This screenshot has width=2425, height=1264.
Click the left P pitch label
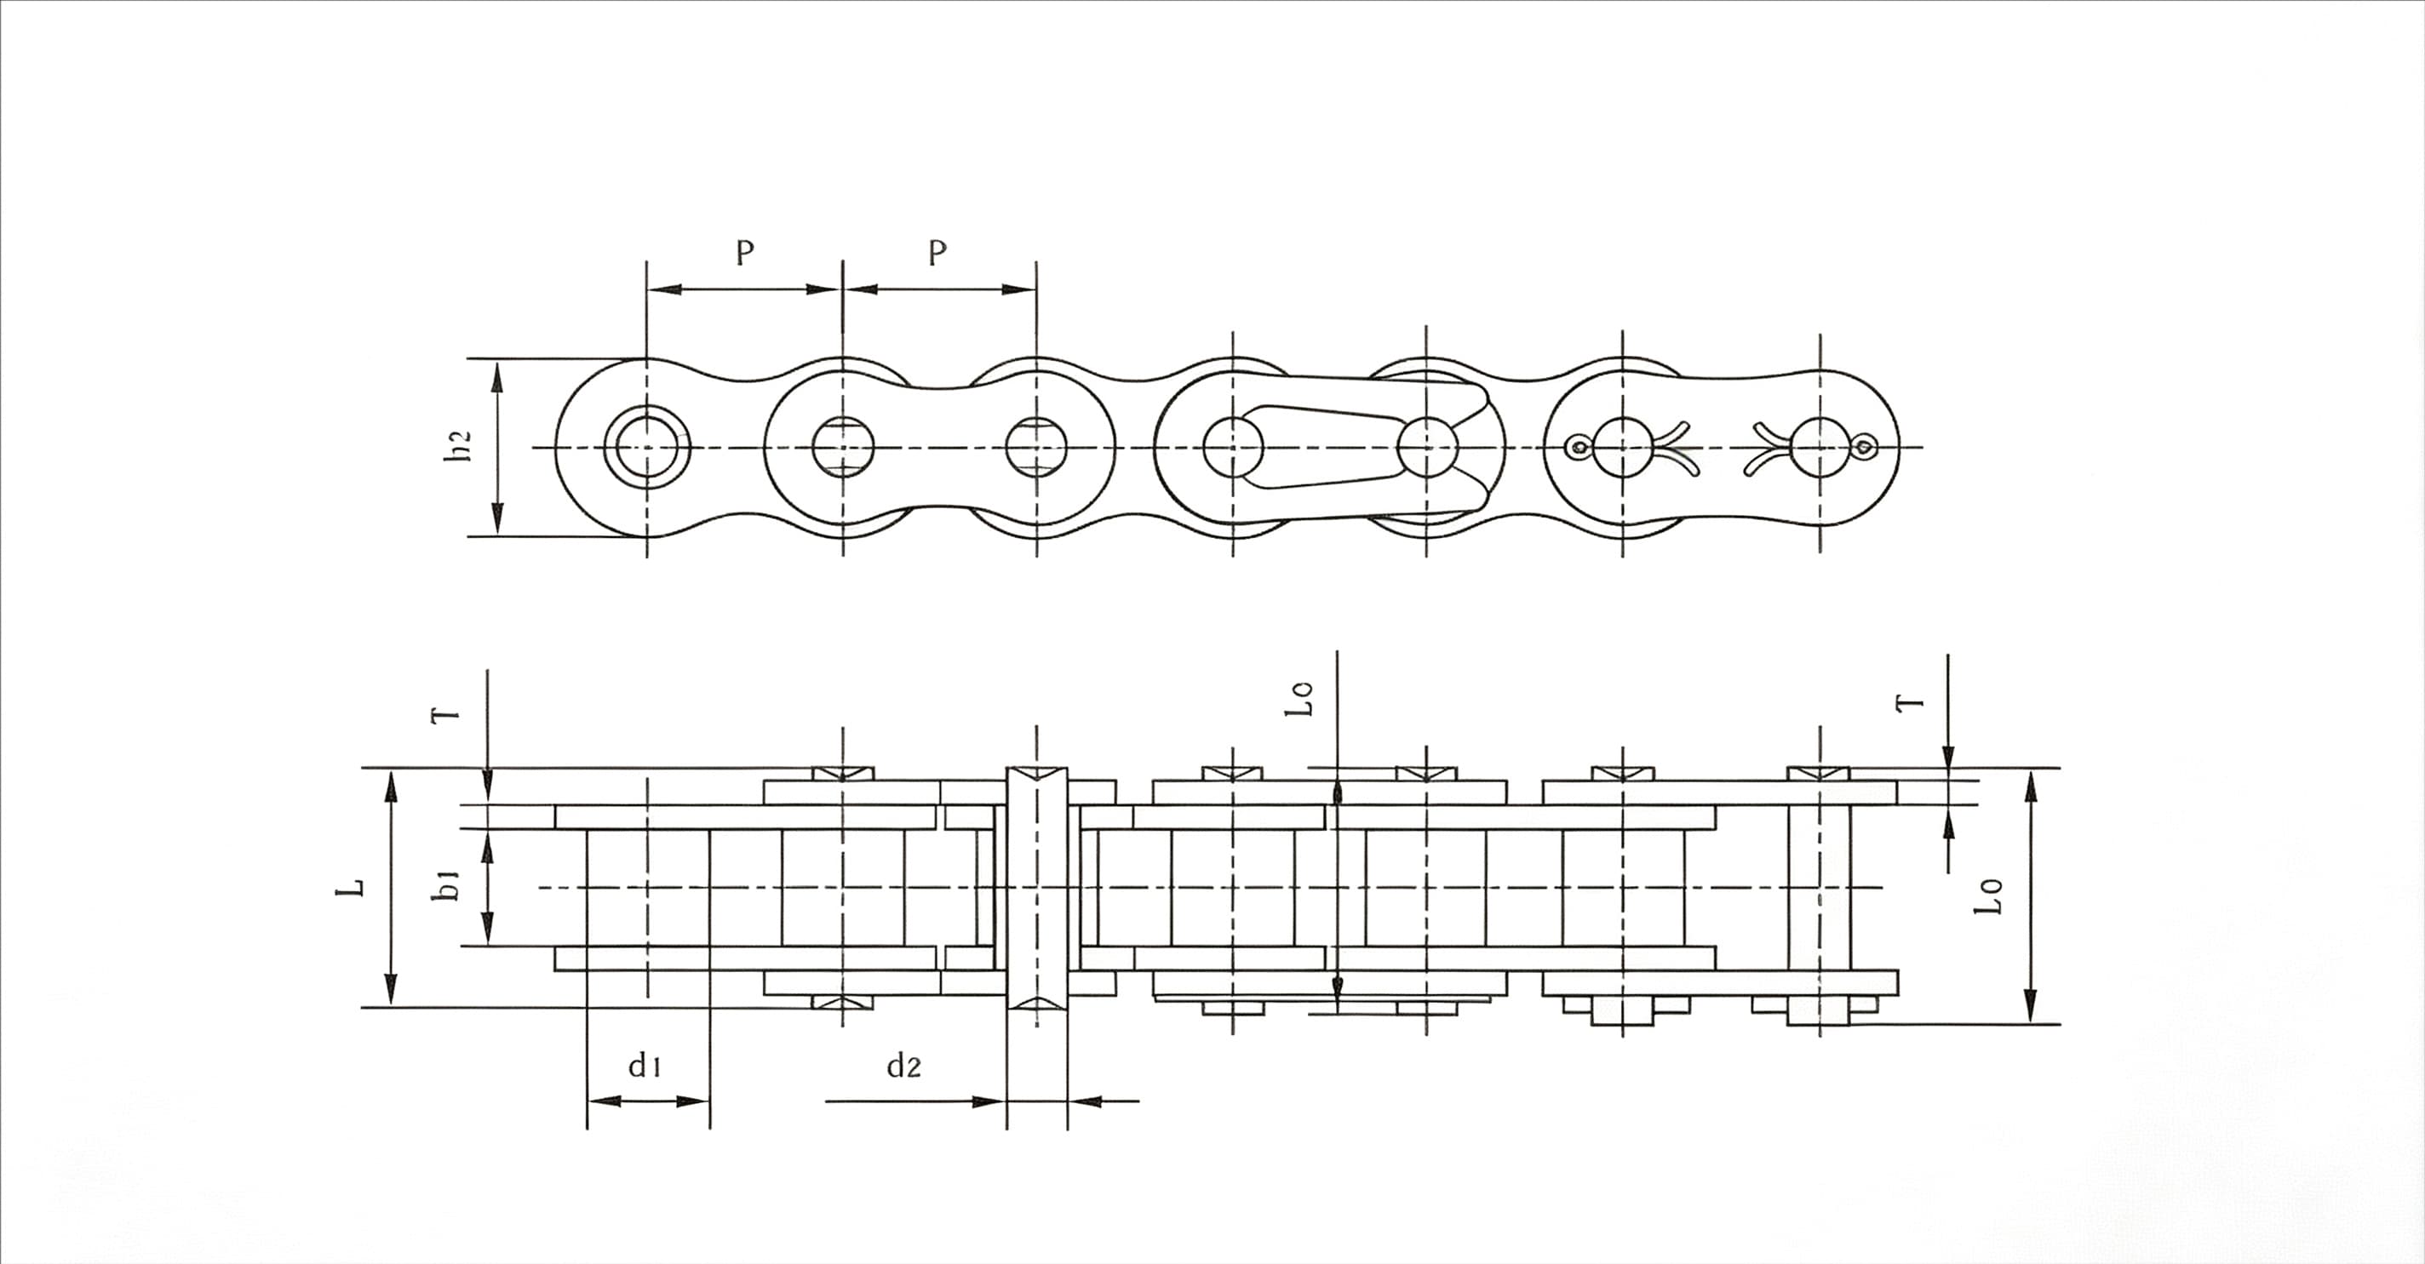coord(745,252)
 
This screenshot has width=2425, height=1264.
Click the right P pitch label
coord(937,252)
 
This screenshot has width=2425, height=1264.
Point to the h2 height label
coord(457,447)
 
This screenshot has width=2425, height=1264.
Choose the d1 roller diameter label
coord(645,1066)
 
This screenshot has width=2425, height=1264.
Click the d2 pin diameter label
coord(903,1066)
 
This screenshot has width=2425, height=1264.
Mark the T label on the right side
coord(1910,702)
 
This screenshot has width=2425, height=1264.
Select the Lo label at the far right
coord(1987,896)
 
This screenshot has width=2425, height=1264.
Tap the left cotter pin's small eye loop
coord(1575,447)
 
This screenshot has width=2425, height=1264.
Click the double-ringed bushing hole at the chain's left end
coord(647,447)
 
